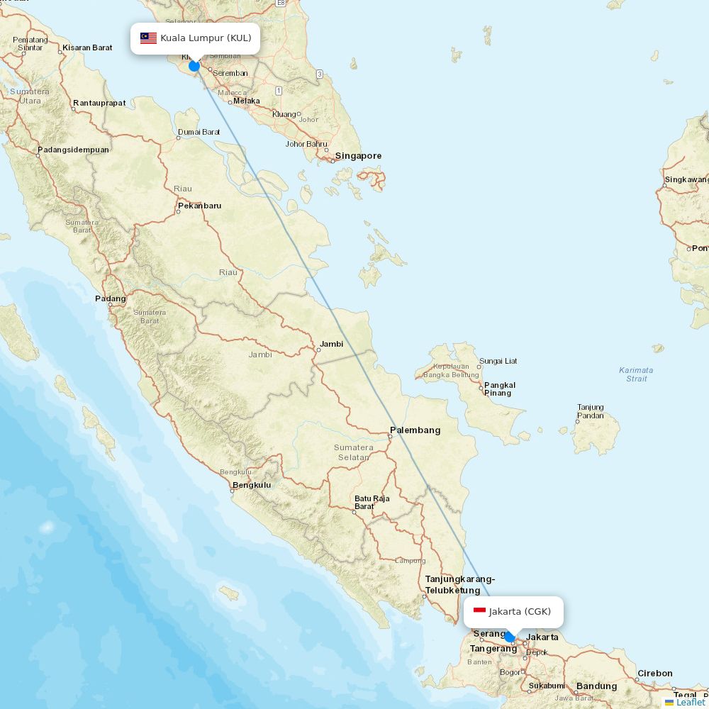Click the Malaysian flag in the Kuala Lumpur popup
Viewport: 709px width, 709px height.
click(x=148, y=38)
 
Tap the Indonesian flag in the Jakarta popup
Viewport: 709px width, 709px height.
click(x=479, y=611)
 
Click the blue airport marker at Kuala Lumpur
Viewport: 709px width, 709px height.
click(x=194, y=66)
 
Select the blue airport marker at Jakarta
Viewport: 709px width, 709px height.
click(x=509, y=637)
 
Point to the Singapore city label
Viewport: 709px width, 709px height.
click(x=358, y=156)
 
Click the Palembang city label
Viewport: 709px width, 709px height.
click(x=415, y=430)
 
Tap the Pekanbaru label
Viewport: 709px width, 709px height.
click(x=199, y=206)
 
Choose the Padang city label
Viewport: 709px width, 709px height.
click(x=111, y=298)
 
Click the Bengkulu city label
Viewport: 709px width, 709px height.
click(x=251, y=485)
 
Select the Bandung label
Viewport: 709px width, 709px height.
click(x=596, y=686)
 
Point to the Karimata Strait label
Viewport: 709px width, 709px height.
click(x=636, y=374)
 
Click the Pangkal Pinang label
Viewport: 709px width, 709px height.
click(x=499, y=389)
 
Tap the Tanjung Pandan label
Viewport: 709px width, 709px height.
click(x=591, y=411)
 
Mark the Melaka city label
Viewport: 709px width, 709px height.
click(x=247, y=101)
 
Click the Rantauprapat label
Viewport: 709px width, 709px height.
click(x=99, y=103)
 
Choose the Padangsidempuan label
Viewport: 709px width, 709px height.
click(x=73, y=150)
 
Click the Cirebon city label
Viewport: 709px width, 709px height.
click(x=654, y=674)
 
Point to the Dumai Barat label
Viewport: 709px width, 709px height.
click(x=199, y=132)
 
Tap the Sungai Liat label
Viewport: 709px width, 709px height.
click(x=498, y=361)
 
